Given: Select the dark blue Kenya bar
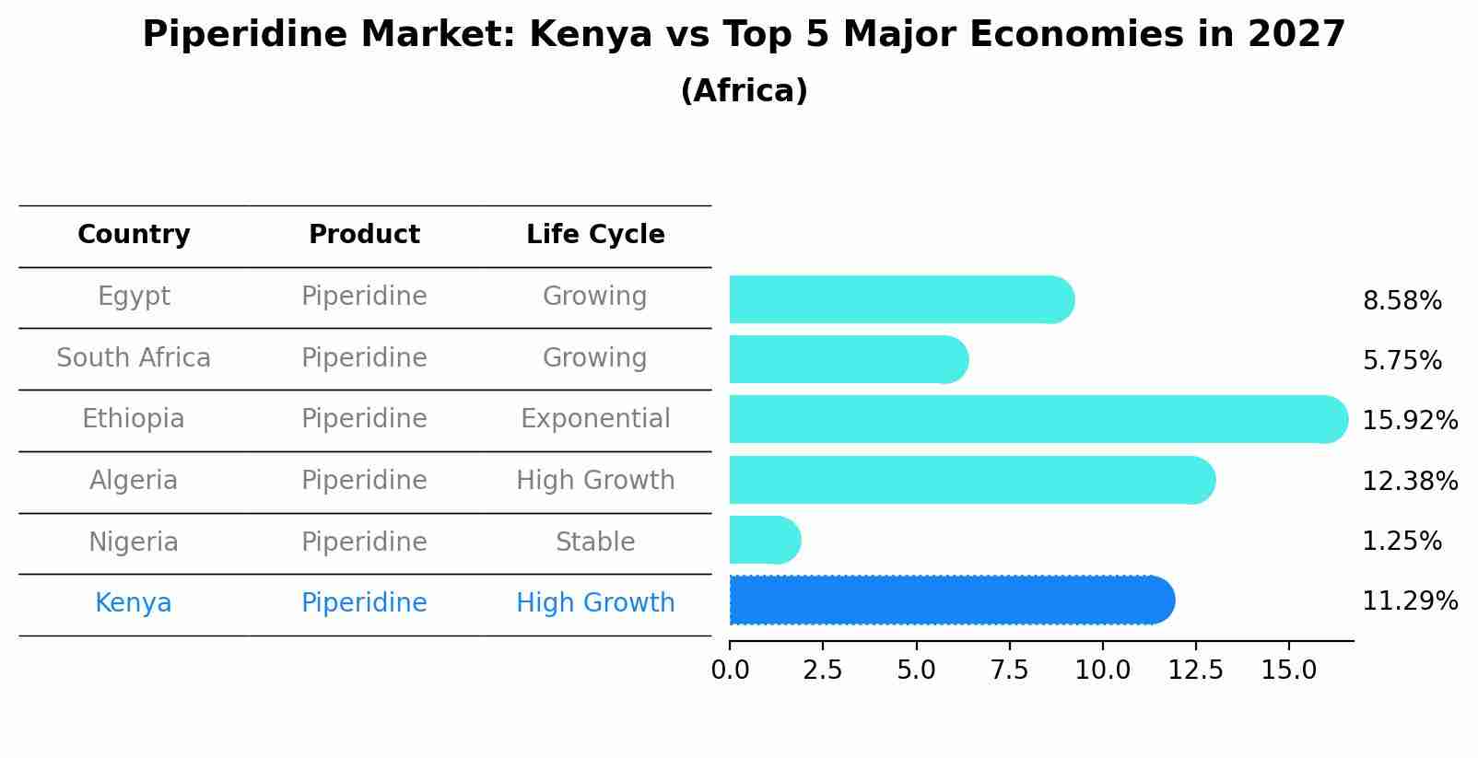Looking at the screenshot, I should point(949,600).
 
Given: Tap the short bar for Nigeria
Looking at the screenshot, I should point(763,540).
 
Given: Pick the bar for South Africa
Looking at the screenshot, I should point(848,359).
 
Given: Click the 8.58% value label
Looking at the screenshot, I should point(1402,301).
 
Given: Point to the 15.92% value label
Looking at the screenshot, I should point(1409,421).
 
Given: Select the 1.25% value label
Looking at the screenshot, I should point(1402,542).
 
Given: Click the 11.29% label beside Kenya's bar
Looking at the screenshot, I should point(1409,601).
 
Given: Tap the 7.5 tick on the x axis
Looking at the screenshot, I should point(1009,671).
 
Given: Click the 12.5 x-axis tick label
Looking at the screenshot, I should point(1195,671).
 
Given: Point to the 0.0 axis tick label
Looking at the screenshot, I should point(730,671).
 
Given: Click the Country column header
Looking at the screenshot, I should point(134,235).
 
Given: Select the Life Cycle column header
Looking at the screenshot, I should point(595,235).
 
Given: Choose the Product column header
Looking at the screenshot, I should point(364,235).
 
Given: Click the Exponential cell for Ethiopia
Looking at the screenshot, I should point(595,419).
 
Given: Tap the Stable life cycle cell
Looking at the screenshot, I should point(595,542).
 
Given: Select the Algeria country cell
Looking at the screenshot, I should point(134,481).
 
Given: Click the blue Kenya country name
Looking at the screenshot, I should point(134,603).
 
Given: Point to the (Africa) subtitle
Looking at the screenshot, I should point(744,91).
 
